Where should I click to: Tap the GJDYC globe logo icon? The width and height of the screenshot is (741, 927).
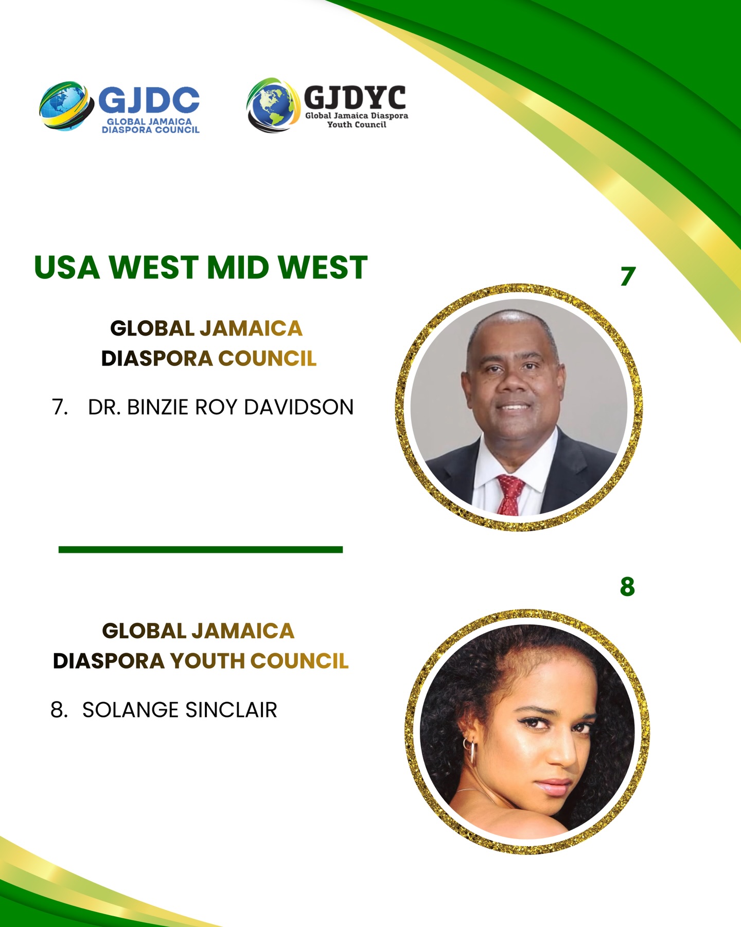(x=273, y=106)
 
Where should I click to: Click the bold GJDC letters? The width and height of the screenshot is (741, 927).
(x=149, y=100)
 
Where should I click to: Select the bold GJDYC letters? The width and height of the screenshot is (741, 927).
(x=355, y=97)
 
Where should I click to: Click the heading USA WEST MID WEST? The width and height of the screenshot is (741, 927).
(x=201, y=268)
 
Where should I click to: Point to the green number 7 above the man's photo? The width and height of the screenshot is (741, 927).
(x=628, y=276)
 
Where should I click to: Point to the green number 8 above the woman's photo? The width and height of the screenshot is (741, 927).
(x=627, y=586)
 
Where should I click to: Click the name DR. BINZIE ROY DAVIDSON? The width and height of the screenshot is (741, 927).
(x=221, y=407)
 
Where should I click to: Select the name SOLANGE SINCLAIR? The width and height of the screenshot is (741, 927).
(x=180, y=710)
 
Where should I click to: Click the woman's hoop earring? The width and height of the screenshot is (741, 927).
(x=469, y=751)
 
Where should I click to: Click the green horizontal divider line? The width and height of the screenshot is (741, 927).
(x=201, y=550)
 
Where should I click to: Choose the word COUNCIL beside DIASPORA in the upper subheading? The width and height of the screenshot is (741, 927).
(x=268, y=358)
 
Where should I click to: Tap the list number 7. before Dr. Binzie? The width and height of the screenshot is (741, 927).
(x=60, y=407)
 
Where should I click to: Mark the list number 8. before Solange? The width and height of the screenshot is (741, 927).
(x=59, y=710)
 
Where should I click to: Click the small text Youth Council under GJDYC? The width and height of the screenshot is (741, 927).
(x=357, y=125)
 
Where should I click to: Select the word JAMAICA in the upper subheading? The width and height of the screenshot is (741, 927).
(x=251, y=328)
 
